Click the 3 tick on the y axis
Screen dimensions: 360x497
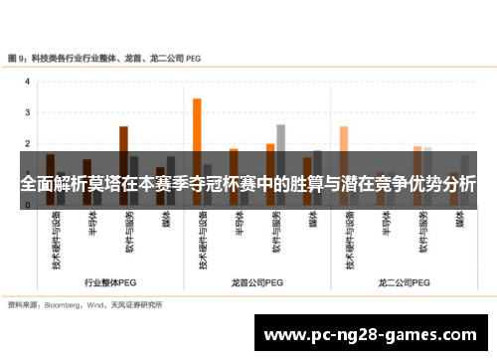pos(27,113)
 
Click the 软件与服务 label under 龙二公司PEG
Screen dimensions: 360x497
pos(421,234)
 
